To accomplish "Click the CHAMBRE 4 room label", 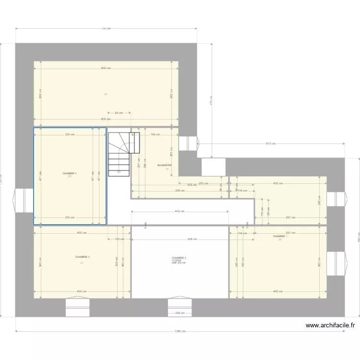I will coord(70,173).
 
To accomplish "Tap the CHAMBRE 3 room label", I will coord(83,257).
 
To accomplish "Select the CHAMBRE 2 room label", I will coord(179,258).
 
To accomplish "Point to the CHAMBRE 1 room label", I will coord(280,236).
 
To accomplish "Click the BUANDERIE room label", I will coord(164,165).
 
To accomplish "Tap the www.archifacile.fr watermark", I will coord(331,325).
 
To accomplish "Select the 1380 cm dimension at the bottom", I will coord(180,331).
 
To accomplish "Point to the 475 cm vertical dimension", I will coord(211,100).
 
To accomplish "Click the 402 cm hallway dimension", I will coord(180,211).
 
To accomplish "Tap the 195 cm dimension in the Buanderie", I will coord(155,135).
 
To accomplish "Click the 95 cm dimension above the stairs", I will coord(119,113).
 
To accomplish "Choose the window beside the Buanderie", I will coord(188,144).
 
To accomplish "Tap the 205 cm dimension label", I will coord(203,183).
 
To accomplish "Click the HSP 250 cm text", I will coord(179,263).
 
